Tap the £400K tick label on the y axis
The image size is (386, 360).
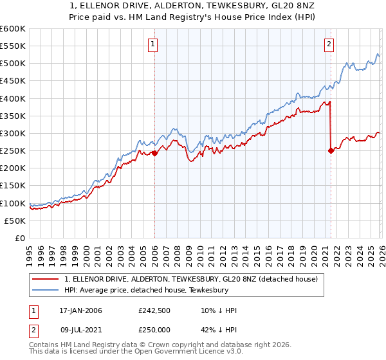13,98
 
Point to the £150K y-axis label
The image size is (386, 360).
13,186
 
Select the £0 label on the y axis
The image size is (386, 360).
19,238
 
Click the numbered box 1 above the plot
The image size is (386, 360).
154,44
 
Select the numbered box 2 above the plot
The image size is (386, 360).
329,44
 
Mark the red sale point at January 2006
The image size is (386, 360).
155,154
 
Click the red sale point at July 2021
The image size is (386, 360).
331,151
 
